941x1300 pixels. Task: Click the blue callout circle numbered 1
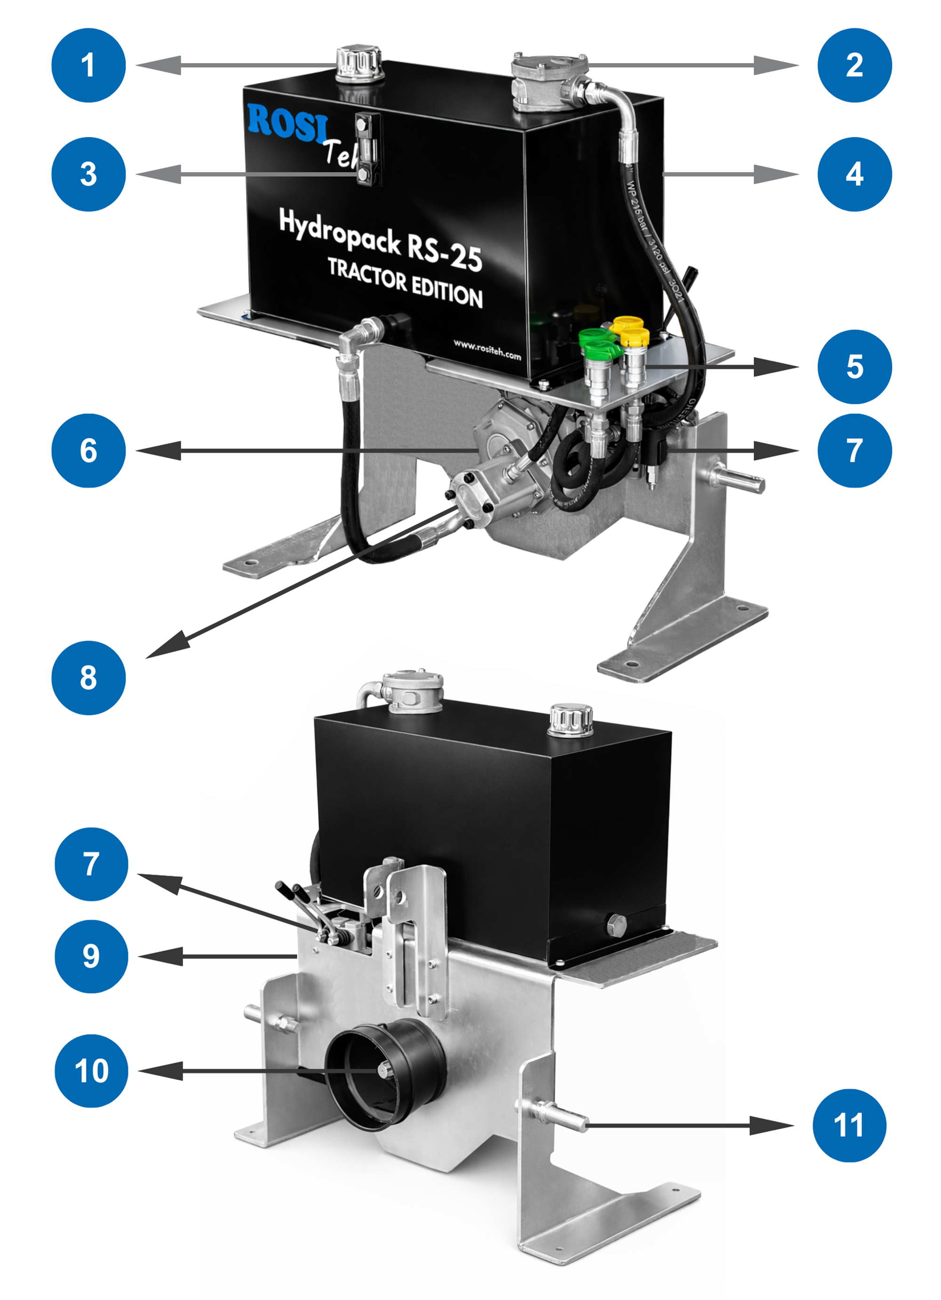(x=88, y=65)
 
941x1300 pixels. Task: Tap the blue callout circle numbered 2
(x=854, y=65)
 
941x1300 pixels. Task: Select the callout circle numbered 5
(x=854, y=367)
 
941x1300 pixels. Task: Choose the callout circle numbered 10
(x=91, y=1071)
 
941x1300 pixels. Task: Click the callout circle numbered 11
(x=849, y=1125)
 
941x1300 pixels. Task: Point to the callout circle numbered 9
(x=91, y=956)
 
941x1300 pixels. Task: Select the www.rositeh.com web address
(x=486, y=348)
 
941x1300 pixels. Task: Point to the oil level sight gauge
(x=367, y=149)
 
